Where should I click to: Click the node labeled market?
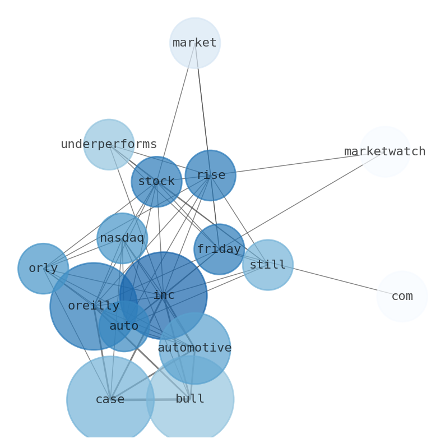195,43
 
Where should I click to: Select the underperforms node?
109,145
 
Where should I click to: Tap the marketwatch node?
385,151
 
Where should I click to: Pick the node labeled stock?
156,182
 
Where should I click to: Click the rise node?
210,176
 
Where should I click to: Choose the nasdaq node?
122,238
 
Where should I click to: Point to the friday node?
219,250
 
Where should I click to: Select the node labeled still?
268,265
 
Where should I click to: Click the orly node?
43,269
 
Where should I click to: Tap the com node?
402,297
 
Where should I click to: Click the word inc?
164,296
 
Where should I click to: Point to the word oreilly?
94,306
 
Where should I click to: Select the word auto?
124,326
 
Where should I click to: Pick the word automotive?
194,348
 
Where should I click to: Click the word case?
110,400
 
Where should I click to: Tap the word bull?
190,399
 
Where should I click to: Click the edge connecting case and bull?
150,400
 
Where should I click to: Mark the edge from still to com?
336,281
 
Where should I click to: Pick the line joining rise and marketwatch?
297,164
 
